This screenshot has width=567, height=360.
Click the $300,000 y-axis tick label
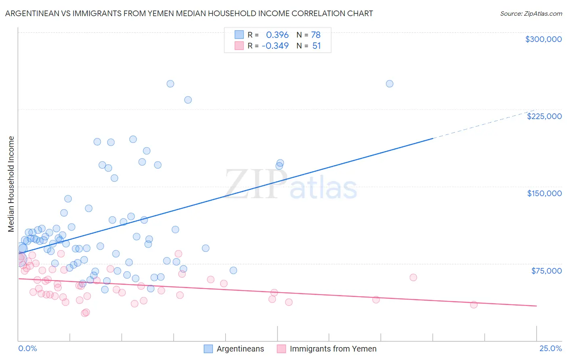[x=543, y=39]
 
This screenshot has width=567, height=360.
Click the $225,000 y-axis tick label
[x=544, y=116]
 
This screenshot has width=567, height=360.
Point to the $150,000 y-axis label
[x=544, y=193]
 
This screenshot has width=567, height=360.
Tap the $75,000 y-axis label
[x=546, y=270]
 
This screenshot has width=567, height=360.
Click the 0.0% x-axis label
[x=27, y=348]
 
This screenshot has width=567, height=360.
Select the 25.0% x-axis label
[x=550, y=348]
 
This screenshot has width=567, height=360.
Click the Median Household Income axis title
[x=11, y=184]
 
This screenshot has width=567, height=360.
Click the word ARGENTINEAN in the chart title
[x=32, y=13]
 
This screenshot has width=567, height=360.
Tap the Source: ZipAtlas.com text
[x=531, y=13]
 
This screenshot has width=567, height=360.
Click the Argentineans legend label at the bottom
[x=240, y=349]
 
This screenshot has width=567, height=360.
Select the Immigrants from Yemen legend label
[x=333, y=349]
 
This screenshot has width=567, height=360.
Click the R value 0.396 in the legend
[x=277, y=35]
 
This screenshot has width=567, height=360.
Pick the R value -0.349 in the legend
[x=275, y=46]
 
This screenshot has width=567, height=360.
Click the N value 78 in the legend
[x=316, y=35]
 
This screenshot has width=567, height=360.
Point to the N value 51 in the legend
[x=317, y=46]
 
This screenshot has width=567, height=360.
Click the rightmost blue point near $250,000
[x=390, y=84]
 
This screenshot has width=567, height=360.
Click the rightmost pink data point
[x=474, y=305]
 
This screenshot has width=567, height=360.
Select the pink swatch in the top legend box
[x=239, y=46]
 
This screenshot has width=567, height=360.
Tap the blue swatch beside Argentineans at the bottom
[x=208, y=349]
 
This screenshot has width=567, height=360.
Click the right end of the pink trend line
[x=536, y=306]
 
